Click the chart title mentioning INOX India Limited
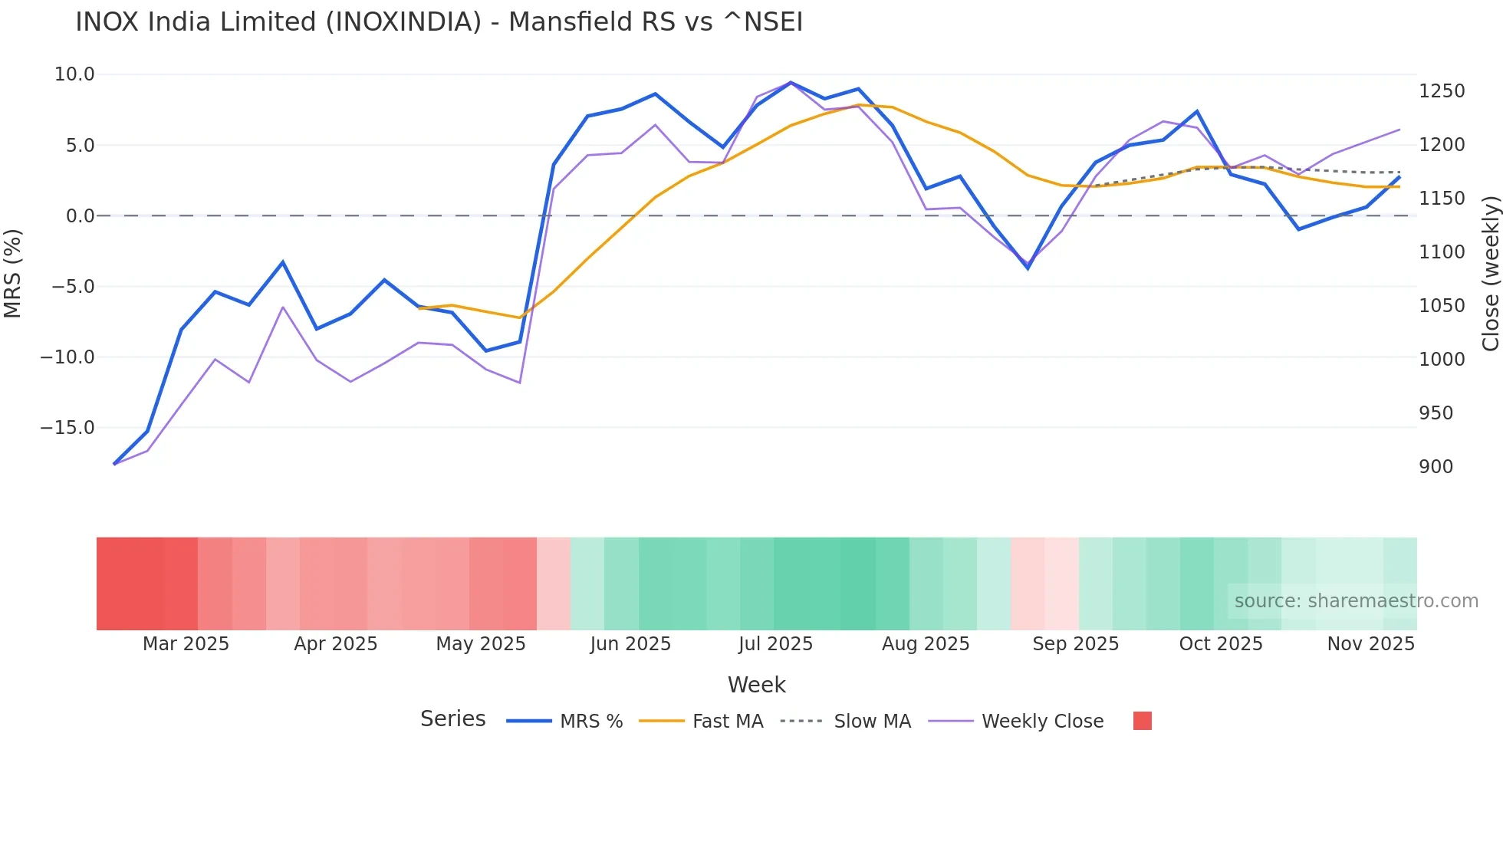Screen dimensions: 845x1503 439,22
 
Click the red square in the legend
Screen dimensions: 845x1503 1142,721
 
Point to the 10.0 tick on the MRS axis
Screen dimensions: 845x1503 74,74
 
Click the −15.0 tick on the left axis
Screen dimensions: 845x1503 67,428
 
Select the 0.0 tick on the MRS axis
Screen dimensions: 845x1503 80,216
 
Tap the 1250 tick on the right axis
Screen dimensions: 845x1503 1442,91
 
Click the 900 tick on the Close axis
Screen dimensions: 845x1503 1436,467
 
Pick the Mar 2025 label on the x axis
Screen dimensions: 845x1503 186,644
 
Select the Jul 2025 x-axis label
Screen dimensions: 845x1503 775,644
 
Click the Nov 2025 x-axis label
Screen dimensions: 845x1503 1370,644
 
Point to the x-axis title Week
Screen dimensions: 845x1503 756,685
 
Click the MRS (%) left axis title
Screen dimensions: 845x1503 13,273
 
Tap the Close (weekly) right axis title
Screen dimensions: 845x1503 1491,274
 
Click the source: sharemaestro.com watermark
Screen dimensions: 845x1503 1356,601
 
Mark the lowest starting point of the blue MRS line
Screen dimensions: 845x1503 114,464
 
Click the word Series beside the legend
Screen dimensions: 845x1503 452,719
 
